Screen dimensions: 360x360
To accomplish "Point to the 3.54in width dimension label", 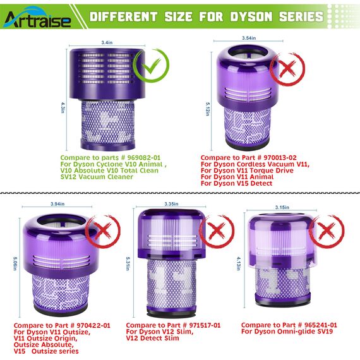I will tap(249, 38).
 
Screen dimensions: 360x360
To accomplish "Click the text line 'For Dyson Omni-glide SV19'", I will tap(289, 331).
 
